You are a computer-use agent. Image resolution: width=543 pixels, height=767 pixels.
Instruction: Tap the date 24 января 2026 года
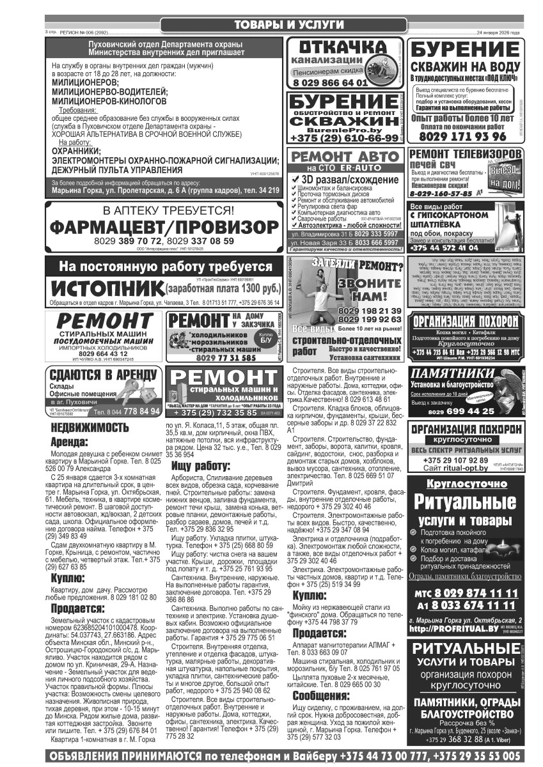(498, 32)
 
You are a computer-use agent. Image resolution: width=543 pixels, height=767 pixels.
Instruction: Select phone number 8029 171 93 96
(462, 136)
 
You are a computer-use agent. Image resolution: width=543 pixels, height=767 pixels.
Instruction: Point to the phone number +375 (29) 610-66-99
(344, 138)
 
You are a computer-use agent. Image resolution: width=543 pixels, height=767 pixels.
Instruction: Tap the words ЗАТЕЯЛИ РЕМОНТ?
(358, 265)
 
